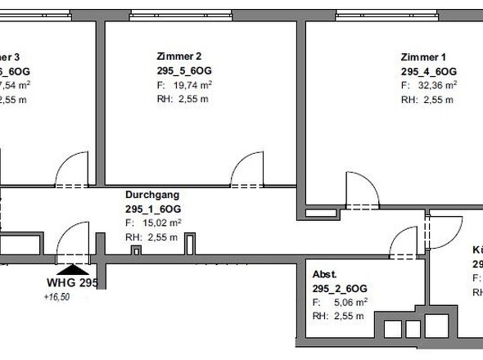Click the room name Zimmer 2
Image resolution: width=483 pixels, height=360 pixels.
[178, 56]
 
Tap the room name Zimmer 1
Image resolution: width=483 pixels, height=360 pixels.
[423, 56]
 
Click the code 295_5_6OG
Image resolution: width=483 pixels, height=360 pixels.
[183, 71]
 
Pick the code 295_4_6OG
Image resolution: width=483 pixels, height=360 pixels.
[428, 71]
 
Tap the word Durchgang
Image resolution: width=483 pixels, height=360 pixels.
[151, 196]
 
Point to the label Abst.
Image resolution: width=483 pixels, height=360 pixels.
[324, 274]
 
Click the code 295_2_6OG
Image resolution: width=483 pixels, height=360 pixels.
[339, 288]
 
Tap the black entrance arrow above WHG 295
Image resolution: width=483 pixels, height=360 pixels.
[74, 268]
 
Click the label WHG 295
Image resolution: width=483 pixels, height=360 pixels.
[71, 283]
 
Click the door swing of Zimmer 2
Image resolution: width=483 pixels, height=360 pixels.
[245, 173]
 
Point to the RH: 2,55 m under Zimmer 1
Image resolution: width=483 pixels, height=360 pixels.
[425, 100]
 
